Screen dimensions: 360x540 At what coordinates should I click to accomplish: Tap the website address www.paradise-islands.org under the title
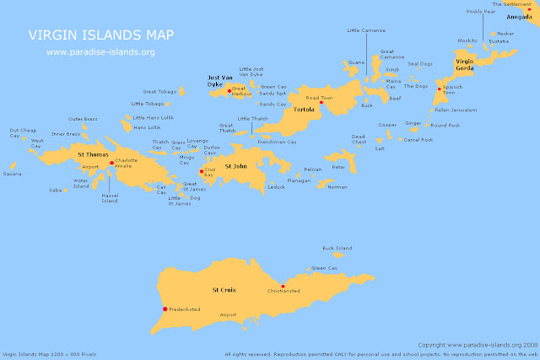pyautogui.click(x=100, y=51)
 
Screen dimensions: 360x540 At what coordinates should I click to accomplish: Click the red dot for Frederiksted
pyautogui.click(x=165, y=309)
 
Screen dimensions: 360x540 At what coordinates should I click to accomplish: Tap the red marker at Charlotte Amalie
pyautogui.click(x=112, y=163)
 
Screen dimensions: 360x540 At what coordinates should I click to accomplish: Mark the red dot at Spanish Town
pyautogui.click(x=439, y=87)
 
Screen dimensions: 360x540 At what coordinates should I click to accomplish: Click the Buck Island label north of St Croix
pyautogui.click(x=337, y=248)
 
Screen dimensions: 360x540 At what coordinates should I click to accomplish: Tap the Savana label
pyautogui.click(x=12, y=174)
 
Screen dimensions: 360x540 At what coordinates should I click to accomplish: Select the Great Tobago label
pyautogui.click(x=158, y=91)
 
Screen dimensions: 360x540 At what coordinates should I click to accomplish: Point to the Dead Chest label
pyautogui.click(x=359, y=139)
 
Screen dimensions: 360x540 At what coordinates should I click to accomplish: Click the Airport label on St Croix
pyautogui.click(x=227, y=314)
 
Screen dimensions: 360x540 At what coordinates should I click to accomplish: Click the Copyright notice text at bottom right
pyautogui.click(x=478, y=344)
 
